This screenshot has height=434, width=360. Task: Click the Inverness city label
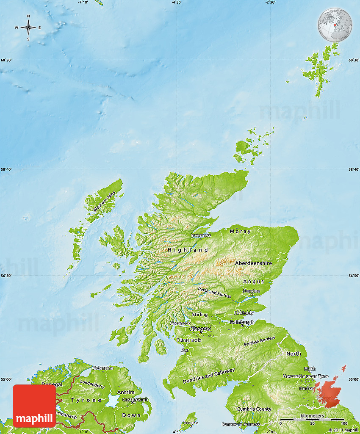[x=200, y=235]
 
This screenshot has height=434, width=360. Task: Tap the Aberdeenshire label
[x=253, y=263]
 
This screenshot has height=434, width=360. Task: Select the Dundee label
[x=251, y=291]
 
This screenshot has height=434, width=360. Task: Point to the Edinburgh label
[x=242, y=322]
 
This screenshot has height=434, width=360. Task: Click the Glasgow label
[x=200, y=329]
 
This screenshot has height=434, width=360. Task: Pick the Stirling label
[x=200, y=315]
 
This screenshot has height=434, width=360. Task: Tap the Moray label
[x=240, y=231]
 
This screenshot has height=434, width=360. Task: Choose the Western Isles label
[x=104, y=202]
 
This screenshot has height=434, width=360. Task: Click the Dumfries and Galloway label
[x=209, y=376]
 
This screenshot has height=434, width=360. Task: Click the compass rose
[x=28, y=28]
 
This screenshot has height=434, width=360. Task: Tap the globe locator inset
[x=335, y=25]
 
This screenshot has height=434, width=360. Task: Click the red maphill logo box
[x=34, y=406]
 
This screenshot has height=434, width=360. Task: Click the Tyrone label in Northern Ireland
[x=86, y=400]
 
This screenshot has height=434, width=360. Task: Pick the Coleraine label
[x=103, y=368]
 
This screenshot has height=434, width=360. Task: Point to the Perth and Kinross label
[x=215, y=292]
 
